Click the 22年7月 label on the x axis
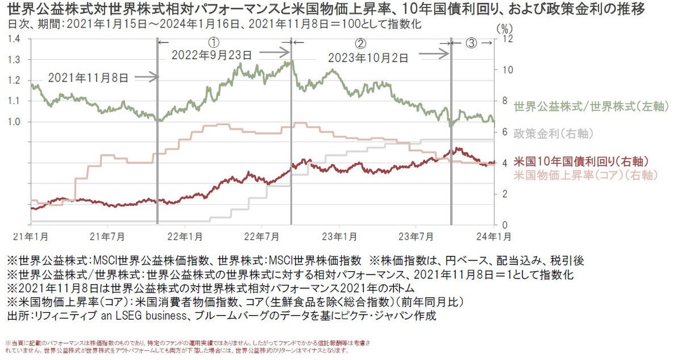pos(262,236)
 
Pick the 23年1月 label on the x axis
pos(339,236)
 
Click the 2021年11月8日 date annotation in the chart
pos(89,76)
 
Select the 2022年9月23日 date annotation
pos(212,55)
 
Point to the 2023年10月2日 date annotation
pos(368,58)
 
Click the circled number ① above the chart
pos(213,43)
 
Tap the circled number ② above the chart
pos(361,43)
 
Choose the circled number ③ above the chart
pos(471,43)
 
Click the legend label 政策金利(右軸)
pos(553,133)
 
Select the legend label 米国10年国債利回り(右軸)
pos(581,161)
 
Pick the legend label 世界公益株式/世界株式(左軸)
pos(583,106)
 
